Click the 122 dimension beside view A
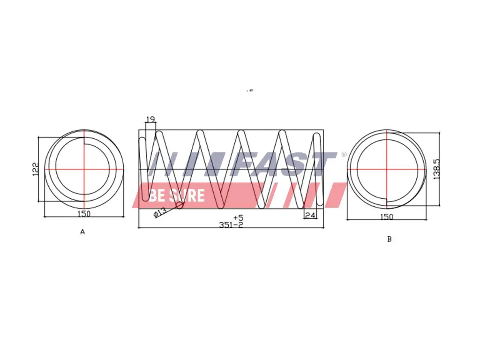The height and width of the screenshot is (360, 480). (35, 169)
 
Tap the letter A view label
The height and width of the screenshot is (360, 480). (82, 232)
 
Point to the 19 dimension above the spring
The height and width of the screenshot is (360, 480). (150, 120)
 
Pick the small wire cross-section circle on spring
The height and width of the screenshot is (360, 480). (180, 205)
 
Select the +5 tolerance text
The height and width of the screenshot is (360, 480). (238, 217)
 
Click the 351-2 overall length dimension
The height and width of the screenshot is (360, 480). (231, 225)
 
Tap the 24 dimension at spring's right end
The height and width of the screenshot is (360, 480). (310, 215)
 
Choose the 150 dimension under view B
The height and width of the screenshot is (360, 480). (387, 217)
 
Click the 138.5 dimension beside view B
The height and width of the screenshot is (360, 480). (437, 169)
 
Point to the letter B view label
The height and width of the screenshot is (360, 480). (389, 239)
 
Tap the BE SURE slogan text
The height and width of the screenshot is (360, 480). (177, 195)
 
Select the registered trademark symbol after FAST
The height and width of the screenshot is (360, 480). (344, 154)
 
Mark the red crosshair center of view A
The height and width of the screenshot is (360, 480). (84, 169)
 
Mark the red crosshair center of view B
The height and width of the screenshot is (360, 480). (387, 169)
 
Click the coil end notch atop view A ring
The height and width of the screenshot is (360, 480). (84, 136)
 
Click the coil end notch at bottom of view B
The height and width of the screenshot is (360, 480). (387, 203)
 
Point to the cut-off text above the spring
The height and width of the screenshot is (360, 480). (249, 91)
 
